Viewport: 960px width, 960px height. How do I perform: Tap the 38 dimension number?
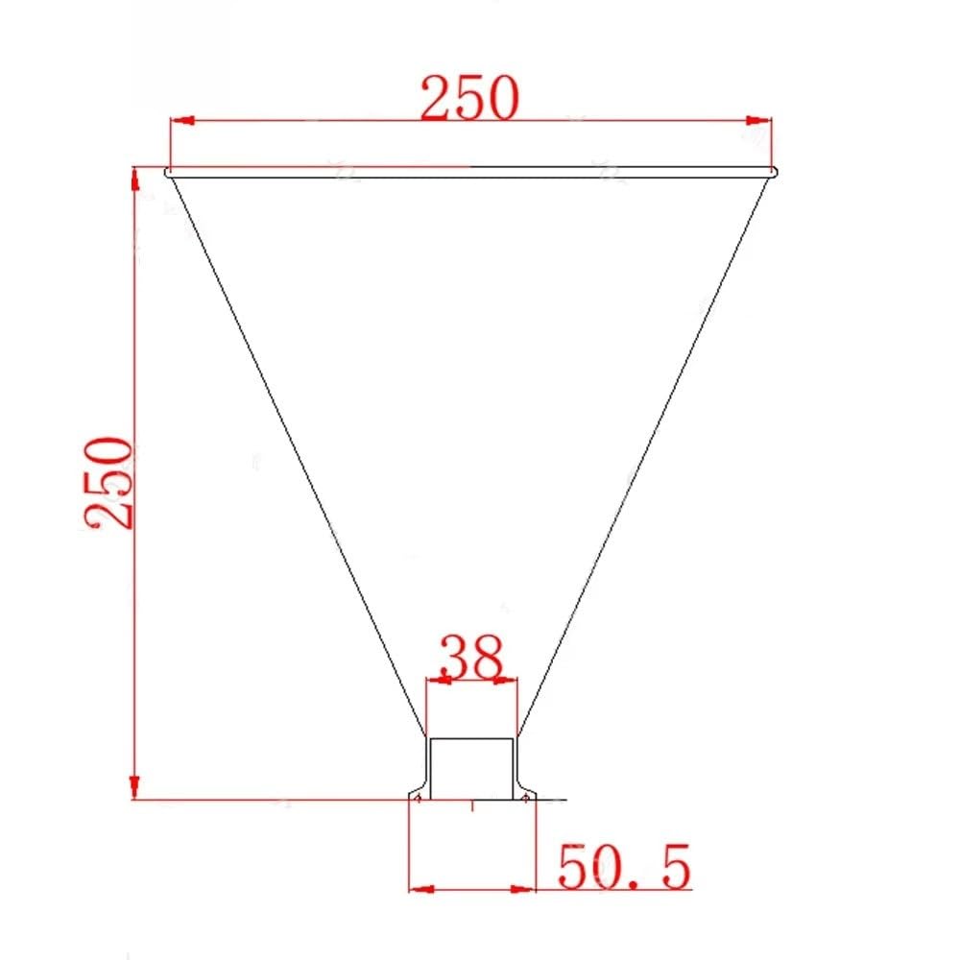click(x=472, y=657)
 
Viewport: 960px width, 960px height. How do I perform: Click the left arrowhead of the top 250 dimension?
click(x=182, y=120)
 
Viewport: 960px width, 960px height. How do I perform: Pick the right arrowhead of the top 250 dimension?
click(x=759, y=121)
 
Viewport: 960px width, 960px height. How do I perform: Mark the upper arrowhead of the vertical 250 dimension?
click(x=134, y=178)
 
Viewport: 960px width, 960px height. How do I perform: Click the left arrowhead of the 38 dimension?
click(x=439, y=680)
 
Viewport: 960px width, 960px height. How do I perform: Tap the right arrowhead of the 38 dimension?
click(x=506, y=680)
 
